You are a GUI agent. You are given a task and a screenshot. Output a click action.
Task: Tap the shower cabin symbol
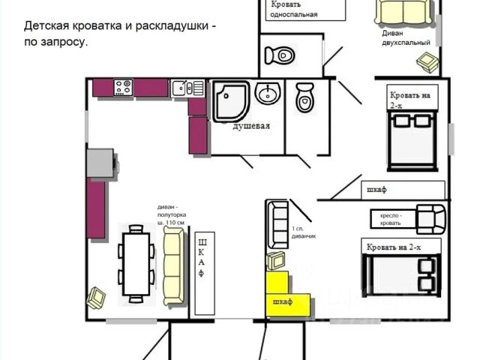[x=230, y=101]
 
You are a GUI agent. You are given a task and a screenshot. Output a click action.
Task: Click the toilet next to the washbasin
[x=304, y=98]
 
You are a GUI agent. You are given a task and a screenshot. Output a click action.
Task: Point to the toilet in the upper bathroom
[x=281, y=54]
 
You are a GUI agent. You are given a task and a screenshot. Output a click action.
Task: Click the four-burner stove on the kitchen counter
[x=123, y=87]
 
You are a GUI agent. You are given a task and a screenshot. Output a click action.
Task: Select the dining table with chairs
[x=136, y=262]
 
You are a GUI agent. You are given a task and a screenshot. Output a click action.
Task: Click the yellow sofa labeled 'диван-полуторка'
[x=173, y=266]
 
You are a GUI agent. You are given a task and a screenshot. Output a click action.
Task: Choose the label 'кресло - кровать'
[x=385, y=218]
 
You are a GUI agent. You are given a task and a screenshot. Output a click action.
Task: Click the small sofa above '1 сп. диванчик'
[x=277, y=223]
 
